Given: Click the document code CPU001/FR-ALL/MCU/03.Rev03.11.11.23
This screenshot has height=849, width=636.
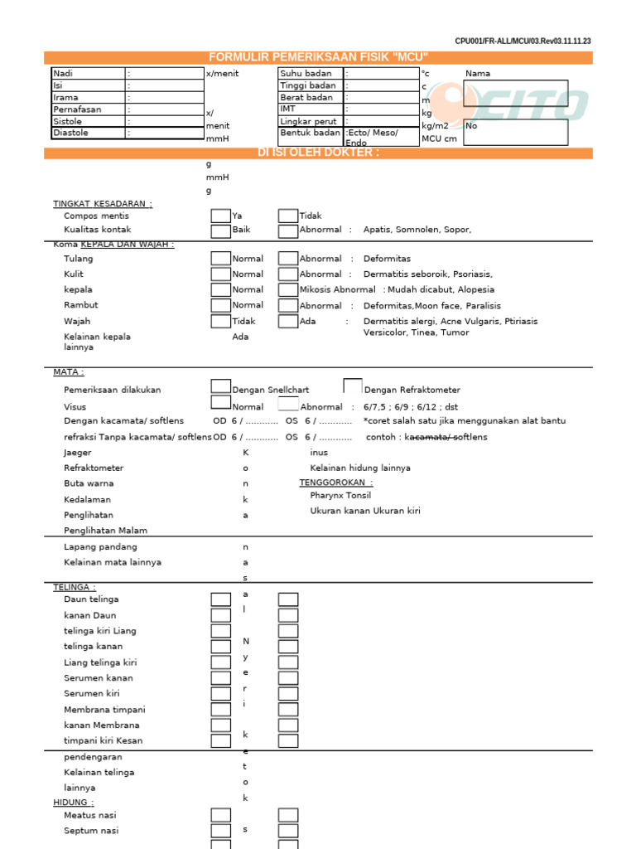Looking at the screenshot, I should [523, 41].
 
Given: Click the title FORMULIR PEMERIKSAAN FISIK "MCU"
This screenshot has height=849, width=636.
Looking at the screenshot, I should [319, 57].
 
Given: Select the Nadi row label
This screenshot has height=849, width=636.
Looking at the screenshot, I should [64, 74].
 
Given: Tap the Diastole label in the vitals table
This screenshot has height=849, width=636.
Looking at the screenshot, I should [70, 133].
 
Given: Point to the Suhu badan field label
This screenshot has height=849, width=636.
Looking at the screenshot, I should [306, 74].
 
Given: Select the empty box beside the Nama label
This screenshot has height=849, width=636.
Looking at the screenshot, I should [515, 93].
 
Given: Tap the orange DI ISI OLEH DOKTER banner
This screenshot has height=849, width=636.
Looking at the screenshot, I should [319, 153].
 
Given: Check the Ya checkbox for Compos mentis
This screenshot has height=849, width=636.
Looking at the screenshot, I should [220, 216].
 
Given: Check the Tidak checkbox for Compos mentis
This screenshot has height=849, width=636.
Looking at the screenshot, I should [287, 216].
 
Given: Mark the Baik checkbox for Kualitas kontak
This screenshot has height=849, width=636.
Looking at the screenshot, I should [220, 230].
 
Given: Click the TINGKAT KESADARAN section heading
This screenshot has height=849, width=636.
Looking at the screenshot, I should [103, 204].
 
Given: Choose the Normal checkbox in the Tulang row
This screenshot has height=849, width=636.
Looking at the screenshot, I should [220, 259].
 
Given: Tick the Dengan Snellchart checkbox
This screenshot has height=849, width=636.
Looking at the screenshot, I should [220, 386].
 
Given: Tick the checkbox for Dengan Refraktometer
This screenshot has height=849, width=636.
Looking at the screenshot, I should [353, 386].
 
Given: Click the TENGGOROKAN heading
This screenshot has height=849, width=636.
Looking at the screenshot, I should [335, 483].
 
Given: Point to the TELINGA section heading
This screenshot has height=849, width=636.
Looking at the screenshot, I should [75, 587].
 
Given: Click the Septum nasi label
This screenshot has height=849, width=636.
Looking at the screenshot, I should [92, 831].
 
